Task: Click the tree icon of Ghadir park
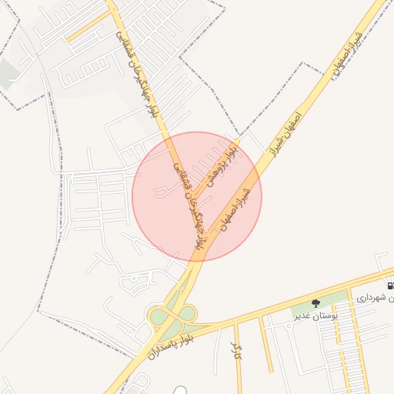(x=316, y=302)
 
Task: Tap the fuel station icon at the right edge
(x=391, y=285)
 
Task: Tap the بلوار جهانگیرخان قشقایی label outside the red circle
(x=139, y=73)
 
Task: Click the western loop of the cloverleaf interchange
(x=159, y=316)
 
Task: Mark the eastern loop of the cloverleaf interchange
(x=187, y=313)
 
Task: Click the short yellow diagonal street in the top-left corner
(x=88, y=26)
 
